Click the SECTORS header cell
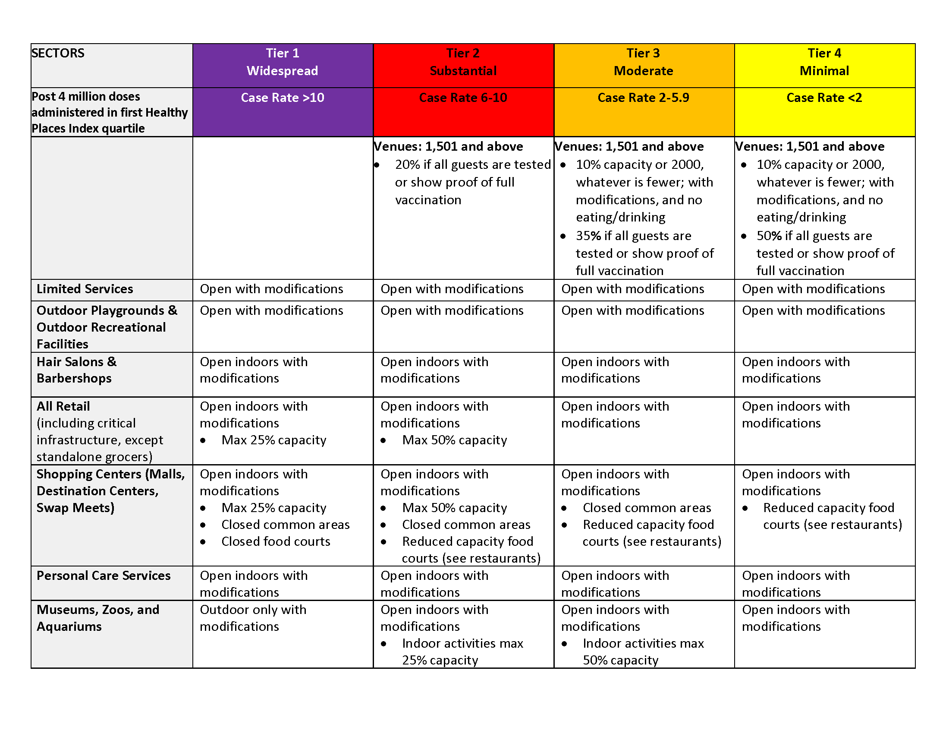click(x=58, y=53)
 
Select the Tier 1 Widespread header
click(x=283, y=62)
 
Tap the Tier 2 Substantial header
click(x=463, y=62)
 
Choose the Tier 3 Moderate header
click(x=644, y=62)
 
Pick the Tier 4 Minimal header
click(x=824, y=62)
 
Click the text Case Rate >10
click(x=283, y=98)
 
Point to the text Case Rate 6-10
click(x=463, y=98)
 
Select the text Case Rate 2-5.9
click(x=644, y=98)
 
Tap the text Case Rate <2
click(x=824, y=98)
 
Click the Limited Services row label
click(x=85, y=289)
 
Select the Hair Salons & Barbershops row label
click(x=76, y=370)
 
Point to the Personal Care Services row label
click(x=104, y=575)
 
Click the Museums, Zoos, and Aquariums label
click(x=98, y=618)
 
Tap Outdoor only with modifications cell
click(x=253, y=618)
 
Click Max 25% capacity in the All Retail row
click(x=274, y=440)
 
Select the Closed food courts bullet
click(x=276, y=541)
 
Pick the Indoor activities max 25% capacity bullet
click(x=462, y=652)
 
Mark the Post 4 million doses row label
click(x=110, y=112)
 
